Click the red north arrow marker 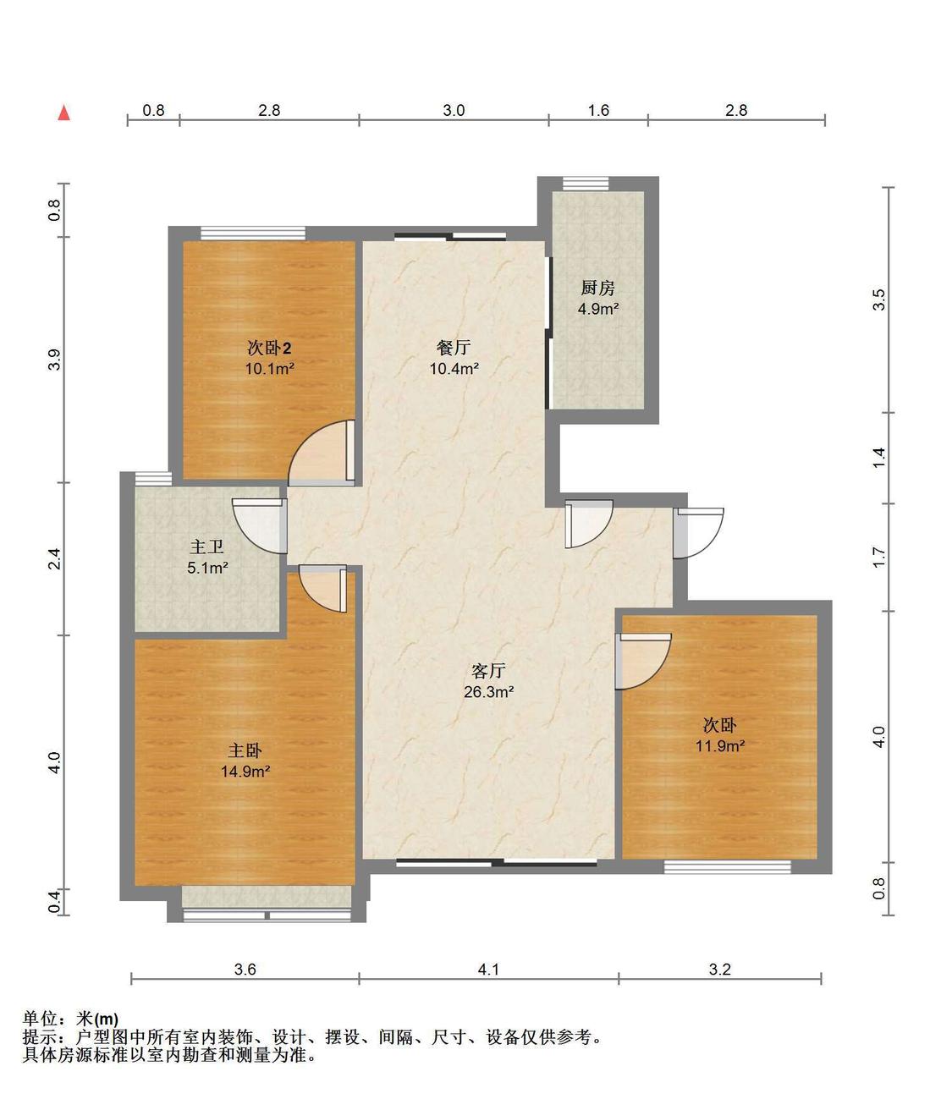63,113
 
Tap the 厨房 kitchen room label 597,288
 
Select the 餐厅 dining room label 454,348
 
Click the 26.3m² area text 489,692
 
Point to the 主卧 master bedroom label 245,750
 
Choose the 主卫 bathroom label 206,547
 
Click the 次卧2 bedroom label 269,349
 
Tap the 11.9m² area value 720,746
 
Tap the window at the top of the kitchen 586,184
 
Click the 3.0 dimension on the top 454,111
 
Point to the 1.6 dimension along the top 598,111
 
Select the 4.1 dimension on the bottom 488,970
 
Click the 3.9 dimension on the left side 55,360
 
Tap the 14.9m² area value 245,771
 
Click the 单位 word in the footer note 40,1019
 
